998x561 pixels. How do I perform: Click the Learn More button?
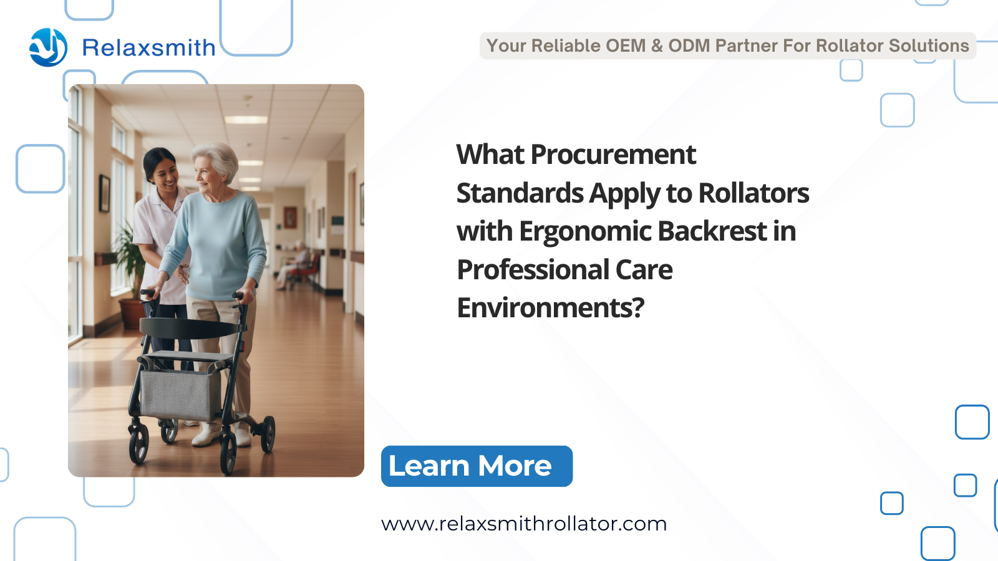477,466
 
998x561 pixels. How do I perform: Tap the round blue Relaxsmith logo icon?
48,47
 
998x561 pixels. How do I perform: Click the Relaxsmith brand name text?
149,47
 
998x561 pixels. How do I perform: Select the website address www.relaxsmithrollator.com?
524,524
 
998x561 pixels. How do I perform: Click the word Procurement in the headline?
613,155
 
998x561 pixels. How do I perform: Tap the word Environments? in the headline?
551,308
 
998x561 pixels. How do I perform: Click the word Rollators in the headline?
753,193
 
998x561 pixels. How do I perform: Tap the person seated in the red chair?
295,266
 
